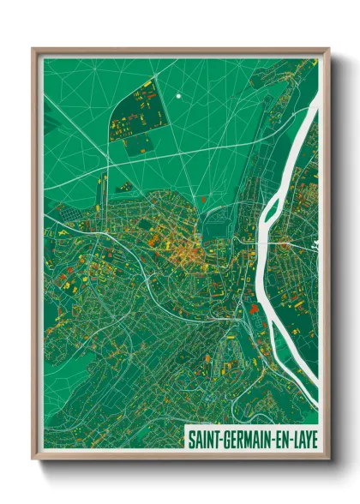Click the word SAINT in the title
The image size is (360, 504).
point(206,439)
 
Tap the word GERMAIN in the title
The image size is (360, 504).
point(248,439)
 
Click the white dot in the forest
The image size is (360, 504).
point(178,96)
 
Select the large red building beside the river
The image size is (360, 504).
point(254,306)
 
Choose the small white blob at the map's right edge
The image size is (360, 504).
point(315,249)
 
